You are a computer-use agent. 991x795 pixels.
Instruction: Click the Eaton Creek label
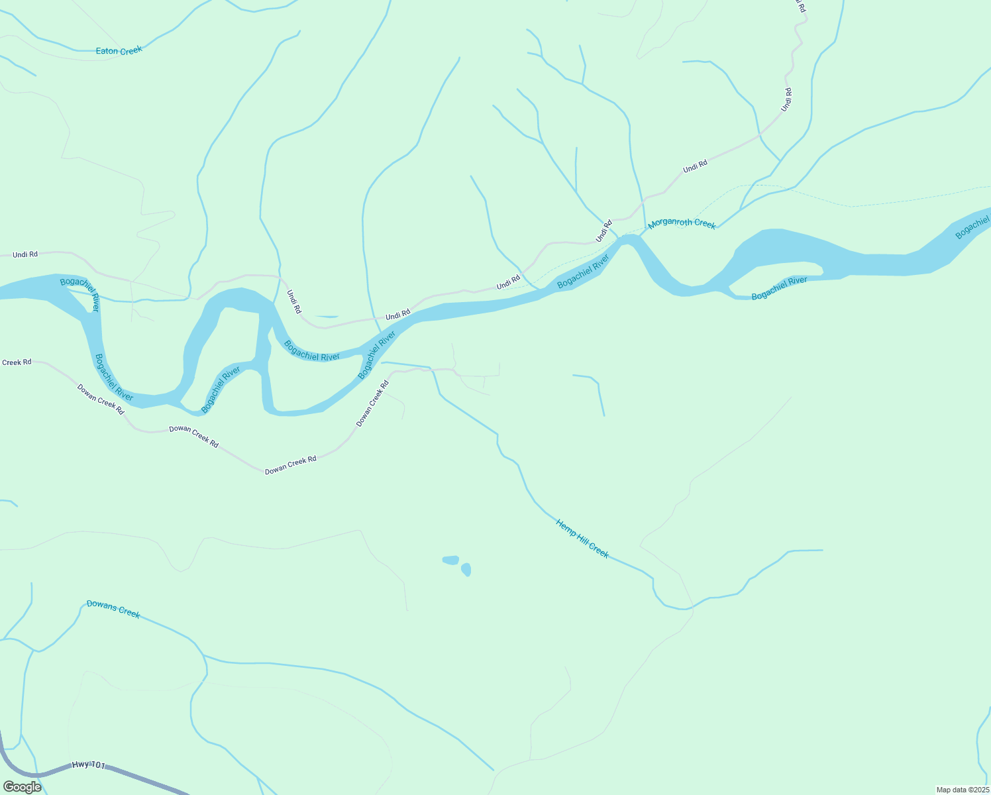[119, 50]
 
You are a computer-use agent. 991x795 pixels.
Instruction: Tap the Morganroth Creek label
[682, 223]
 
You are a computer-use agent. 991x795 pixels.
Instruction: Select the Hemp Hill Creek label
[582, 539]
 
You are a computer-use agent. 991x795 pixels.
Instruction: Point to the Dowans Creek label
[113, 609]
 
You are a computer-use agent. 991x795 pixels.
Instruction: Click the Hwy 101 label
[88, 765]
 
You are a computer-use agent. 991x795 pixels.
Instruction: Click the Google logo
[22, 786]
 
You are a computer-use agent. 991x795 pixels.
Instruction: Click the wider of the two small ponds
[450, 560]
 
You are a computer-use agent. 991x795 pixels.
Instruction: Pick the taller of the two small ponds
[466, 569]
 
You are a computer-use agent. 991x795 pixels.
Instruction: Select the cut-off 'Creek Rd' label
[17, 362]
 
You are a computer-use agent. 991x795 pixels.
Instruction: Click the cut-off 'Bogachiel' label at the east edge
[972, 227]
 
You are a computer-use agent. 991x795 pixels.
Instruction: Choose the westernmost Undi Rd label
[25, 254]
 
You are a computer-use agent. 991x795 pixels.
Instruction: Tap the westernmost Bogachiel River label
[80, 295]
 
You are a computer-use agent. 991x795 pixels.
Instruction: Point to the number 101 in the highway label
[97, 765]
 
